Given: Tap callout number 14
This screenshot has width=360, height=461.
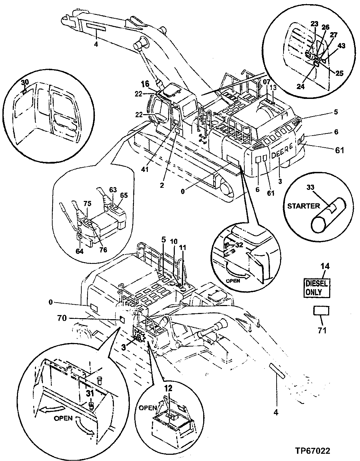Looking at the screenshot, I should [x=316, y=267].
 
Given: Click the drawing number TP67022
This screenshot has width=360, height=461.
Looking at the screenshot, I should [x=313, y=451].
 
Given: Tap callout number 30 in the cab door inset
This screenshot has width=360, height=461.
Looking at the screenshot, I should [x=24, y=82].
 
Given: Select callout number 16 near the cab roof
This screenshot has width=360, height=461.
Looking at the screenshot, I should [x=145, y=84].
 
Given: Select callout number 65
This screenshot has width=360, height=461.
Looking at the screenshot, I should [x=124, y=195].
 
